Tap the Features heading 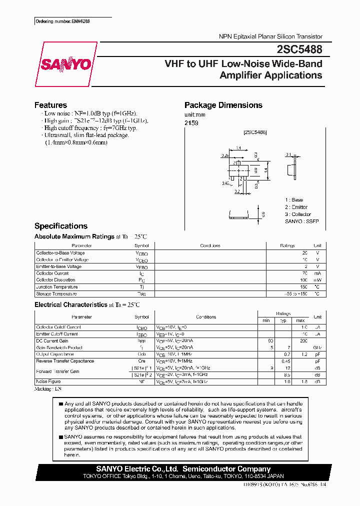(50, 105)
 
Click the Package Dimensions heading (223, 105)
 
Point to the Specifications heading (60, 226)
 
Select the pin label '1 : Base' (294, 200)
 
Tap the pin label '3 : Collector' (298, 214)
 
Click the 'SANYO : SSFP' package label (301, 221)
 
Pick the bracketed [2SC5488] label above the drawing (255, 132)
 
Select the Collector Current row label (52, 273)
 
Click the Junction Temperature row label (56, 287)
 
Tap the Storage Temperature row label (56, 294)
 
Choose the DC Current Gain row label (51, 340)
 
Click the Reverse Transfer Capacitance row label (65, 361)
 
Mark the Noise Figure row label (48, 381)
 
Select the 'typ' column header (283, 320)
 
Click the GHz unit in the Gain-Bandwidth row (317, 347)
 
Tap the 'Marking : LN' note (48, 388)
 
